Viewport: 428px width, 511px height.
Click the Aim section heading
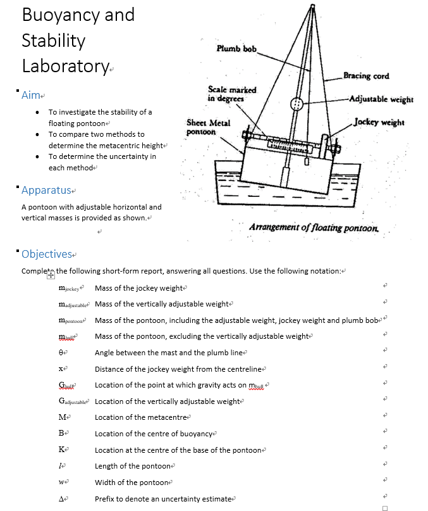click(31, 95)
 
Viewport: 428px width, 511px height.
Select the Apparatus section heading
click(47, 190)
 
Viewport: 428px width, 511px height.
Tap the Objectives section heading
click(47, 254)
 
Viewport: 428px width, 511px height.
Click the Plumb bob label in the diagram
click(236, 49)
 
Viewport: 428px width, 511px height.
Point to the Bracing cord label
click(366, 77)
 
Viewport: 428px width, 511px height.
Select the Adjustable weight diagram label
click(381, 99)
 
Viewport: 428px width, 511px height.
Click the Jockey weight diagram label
click(379, 122)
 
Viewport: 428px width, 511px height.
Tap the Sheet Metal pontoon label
click(208, 127)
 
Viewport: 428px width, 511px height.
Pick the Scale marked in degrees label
click(231, 94)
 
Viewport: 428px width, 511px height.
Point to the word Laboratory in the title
click(65, 66)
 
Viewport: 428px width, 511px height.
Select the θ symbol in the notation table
click(61, 353)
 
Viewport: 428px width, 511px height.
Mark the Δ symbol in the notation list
click(61, 499)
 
